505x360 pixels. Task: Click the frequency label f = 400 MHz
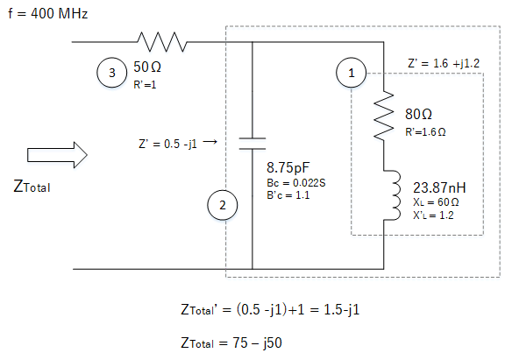48,13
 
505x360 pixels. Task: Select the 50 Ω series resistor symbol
162,42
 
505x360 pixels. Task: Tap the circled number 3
111,73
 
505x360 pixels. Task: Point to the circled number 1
351,73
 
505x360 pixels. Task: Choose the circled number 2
223,205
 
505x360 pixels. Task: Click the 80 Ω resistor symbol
384,116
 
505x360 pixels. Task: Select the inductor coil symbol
392,195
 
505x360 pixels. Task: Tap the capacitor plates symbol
252,144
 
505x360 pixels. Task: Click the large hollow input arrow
57,155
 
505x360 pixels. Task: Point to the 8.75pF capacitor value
288,167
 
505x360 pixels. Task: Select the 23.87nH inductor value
439,187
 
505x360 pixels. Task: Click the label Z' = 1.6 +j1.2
444,63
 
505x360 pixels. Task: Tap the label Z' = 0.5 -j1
167,144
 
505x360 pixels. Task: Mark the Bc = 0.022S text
296,183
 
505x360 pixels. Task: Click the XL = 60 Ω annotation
436,202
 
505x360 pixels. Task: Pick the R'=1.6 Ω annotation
425,131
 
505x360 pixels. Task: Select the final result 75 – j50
257,343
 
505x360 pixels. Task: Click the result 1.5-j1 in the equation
341,309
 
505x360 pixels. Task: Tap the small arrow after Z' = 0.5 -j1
210,141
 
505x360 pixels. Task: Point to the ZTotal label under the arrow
32,187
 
